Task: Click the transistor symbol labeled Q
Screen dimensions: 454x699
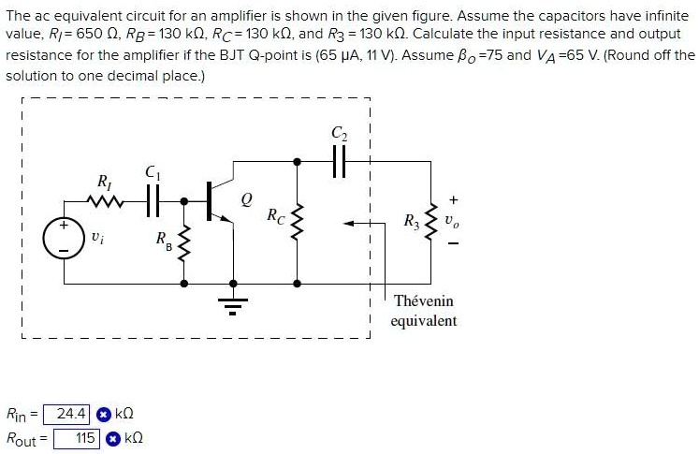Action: (x=221, y=200)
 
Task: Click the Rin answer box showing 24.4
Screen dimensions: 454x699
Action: (x=71, y=413)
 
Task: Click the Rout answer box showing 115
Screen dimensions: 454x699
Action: (x=76, y=437)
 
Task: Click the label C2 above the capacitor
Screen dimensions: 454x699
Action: (x=338, y=133)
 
